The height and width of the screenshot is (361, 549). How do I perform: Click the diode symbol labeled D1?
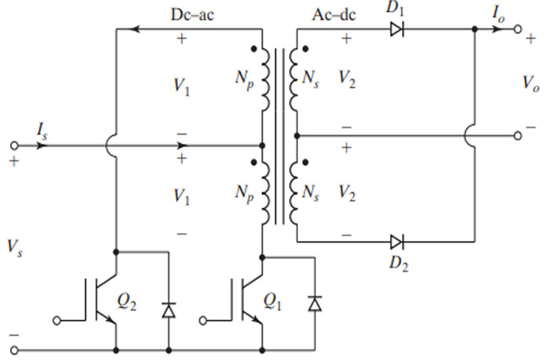tap(396, 30)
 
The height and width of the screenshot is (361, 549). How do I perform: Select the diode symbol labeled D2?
tap(396, 240)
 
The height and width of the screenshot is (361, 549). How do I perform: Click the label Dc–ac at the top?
tap(191, 14)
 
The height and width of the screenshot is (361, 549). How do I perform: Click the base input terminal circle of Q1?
tap(204, 319)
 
